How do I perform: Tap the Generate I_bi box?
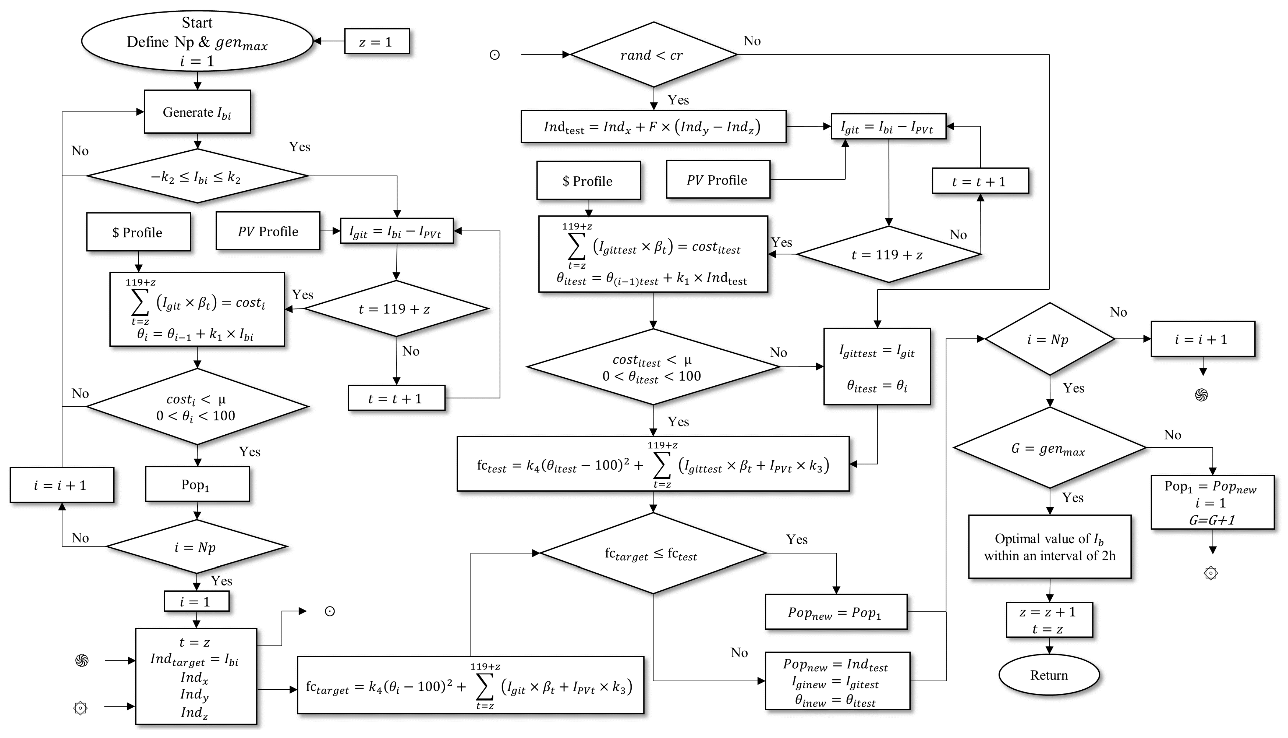point(197,112)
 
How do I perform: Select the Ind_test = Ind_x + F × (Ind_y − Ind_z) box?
point(653,127)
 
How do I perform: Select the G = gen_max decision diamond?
point(1049,448)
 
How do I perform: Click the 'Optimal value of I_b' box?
point(1049,547)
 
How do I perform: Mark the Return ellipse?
point(1049,675)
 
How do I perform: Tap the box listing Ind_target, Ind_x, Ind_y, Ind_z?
point(196,677)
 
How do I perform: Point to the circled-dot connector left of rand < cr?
point(494,55)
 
